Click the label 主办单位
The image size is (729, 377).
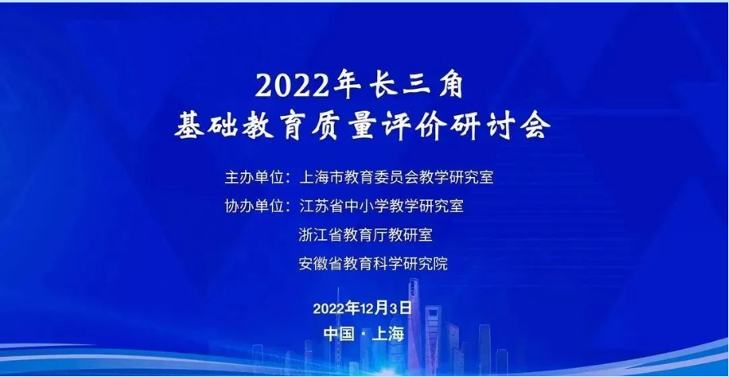click(x=254, y=178)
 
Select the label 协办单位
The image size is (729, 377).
click(x=254, y=206)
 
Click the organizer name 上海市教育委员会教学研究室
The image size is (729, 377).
click(x=396, y=178)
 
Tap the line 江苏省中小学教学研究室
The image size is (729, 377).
click(x=380, y=206)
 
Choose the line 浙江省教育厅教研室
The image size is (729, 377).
click(x=366, y=235)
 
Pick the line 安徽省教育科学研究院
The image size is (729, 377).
click(x=373, y=264)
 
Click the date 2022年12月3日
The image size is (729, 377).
click(x=362, y=308)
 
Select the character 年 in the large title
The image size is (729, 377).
click(x=346, y=86)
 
